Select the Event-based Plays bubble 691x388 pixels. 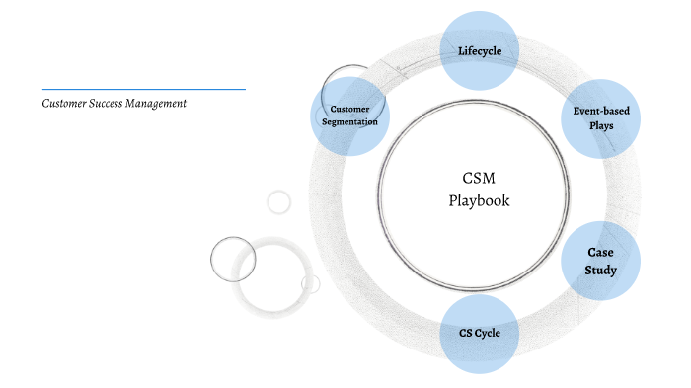[x=600, y=118]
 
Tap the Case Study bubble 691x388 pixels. [x=600, y=261]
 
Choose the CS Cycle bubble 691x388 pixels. [x=479, y=333]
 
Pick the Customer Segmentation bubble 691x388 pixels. [x=350, y=116]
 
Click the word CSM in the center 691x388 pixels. [x=479, y=179]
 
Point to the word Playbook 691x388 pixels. [x=479, y=200]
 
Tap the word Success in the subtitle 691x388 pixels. [x=108, y=103]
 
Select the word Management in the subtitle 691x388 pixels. [x=157, y=103]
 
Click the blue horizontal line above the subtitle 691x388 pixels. [x=143, y=90]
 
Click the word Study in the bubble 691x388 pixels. [x=600, y=270]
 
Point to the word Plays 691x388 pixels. [x=600, y=127]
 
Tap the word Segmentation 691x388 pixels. [x=349, y=121]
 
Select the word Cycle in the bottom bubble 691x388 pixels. [x=488, y=333]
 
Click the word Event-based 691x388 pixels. [x=600, y=111]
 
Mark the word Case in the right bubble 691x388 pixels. [x=600, y=253]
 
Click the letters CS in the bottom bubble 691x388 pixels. [x=465, y=333]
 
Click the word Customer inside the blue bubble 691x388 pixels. [x=349, y=109]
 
